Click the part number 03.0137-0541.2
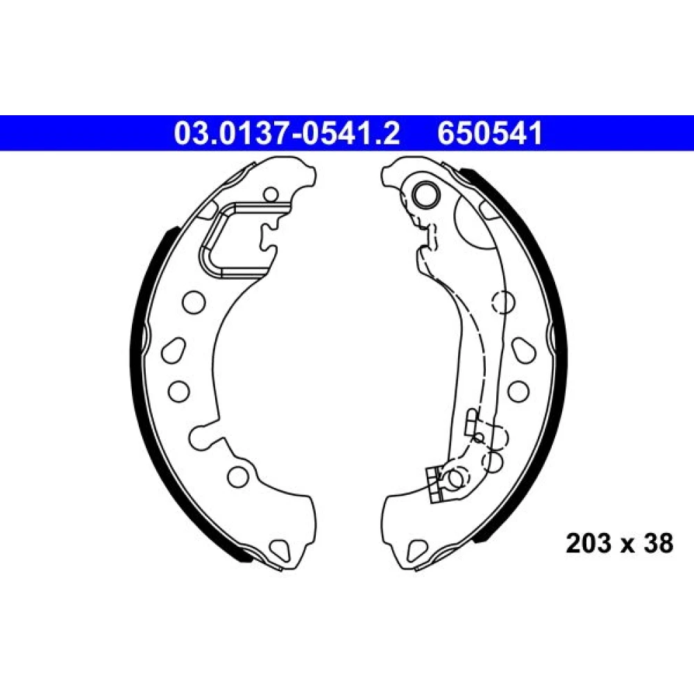(x=287, y=133)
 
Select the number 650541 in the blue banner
(x=489, y=133)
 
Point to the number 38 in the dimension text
(x=658, y=543)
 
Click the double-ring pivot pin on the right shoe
(x=425, y=194)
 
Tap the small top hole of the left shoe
(x=271, y=194)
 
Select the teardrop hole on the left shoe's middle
(x=173, y=350)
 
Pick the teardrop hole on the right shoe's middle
(x=524, y=350)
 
